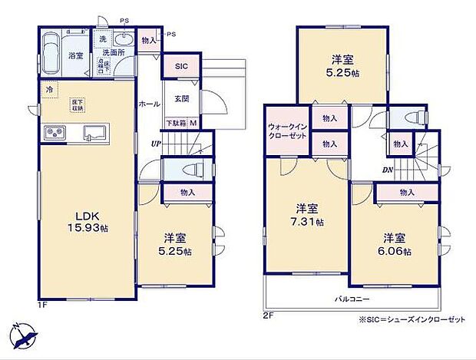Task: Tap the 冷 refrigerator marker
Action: tap(49, 90)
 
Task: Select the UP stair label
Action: tap(156, 143)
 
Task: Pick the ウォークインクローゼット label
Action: tap(289, 131)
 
